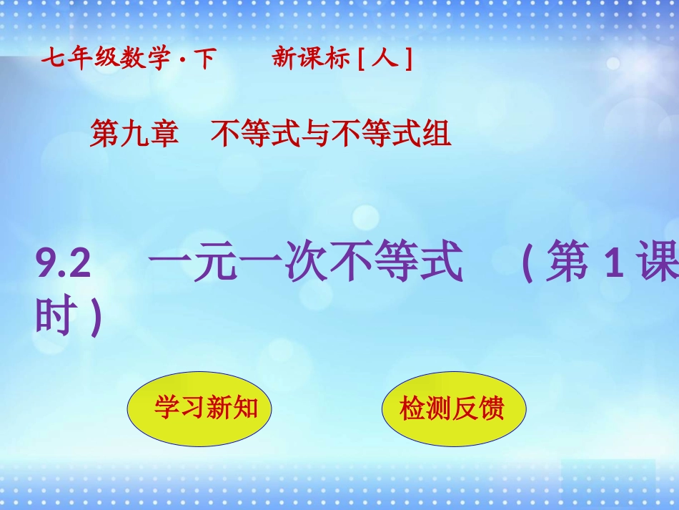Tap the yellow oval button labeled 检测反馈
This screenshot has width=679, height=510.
[x=454, y=408]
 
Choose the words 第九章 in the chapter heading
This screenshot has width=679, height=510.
[x=134, y=134]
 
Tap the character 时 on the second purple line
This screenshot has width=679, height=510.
[x=54, y=318]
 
